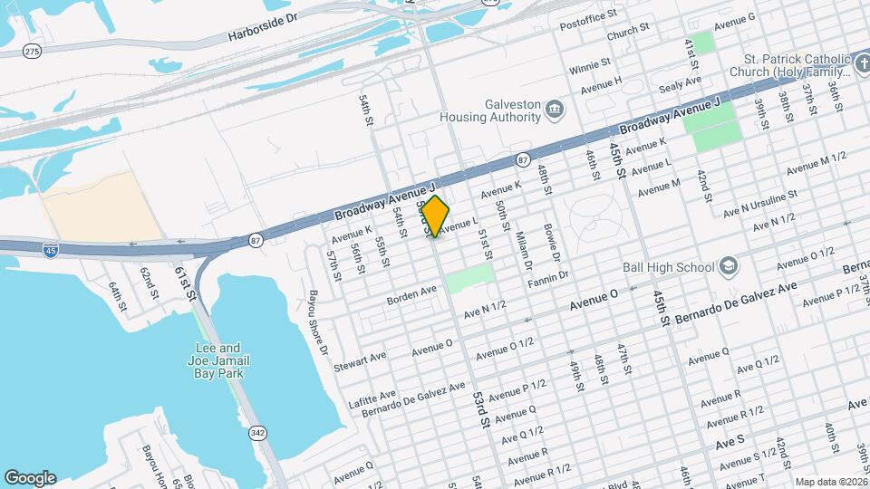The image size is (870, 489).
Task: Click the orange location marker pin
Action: [436, 216]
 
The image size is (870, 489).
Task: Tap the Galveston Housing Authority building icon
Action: [554, 110]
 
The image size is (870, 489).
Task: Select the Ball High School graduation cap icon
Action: [730, 267]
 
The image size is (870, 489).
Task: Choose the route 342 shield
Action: [258, 433]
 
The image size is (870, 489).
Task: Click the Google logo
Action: [30, 477]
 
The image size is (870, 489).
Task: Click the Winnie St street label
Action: [590, 66]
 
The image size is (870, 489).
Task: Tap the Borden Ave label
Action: [413, 292]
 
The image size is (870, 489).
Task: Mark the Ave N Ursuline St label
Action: [759, 203]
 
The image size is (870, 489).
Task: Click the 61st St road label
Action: [185, 282]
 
